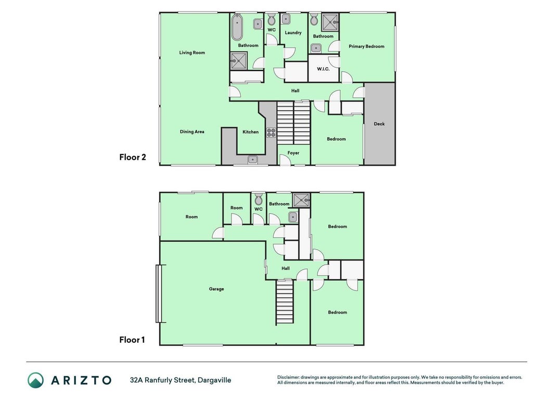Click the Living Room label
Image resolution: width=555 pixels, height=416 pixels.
click(192, 53)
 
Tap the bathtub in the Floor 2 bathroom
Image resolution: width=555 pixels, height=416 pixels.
click(237, 27)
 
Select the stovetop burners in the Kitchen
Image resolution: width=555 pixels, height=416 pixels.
click(271, 133)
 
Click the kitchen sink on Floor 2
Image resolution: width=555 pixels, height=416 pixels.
click(252, 160)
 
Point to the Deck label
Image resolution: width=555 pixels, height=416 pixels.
click(379, 124)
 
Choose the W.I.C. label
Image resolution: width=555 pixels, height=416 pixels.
click(323, 69)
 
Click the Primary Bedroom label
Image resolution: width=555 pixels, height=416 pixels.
click(366, 46)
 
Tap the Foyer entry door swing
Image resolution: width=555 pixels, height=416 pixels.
click(285, 160)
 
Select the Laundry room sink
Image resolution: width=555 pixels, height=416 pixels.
click(286, 19)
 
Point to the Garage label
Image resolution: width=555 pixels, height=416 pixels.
click(216, 289)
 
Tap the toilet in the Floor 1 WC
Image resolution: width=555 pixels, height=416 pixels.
click(259, 200)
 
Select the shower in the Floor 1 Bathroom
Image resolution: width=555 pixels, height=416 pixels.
click(301, 200)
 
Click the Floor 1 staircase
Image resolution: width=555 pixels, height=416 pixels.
click(285, 302)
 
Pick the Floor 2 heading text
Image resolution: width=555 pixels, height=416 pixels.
click(133, 157)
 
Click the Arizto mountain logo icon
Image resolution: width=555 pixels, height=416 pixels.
click(36, 380)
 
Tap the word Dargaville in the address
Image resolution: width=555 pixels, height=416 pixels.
click(214, 380)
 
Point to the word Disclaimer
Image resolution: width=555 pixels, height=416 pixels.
click(288, 378)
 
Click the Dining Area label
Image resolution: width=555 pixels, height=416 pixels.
click(192, 132)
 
